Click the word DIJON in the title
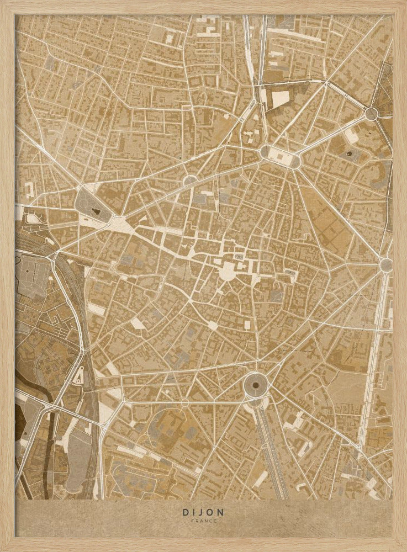coord(203,512)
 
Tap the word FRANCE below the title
coord(203,521)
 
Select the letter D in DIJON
coord(184,512)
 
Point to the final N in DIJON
coord(222,512)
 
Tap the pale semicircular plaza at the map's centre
coord(227,270)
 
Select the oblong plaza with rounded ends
coord(280,157)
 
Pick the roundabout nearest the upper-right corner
coord(371,114)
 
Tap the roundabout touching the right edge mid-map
coord(387,265)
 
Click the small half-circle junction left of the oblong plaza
coord(191,181)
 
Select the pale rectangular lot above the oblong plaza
coord(280,98)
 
